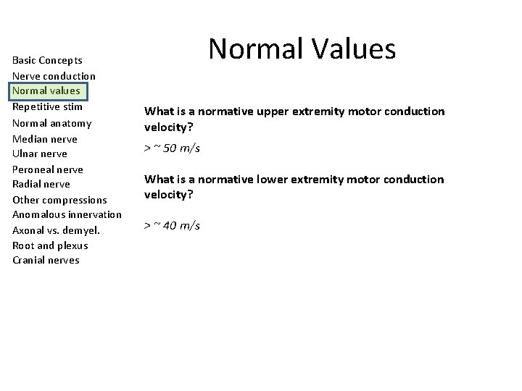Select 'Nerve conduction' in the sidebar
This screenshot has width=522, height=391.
click(54, 76)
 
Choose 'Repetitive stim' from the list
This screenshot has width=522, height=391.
click(47, 107)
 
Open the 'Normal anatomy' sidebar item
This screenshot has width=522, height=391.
click(51, 123)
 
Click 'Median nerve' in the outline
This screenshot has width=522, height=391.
click(44, 139)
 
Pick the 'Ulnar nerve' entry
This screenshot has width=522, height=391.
click(39, 154)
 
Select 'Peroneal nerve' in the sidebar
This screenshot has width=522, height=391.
click(47, 169)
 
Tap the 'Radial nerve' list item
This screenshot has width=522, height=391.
click(41, 184)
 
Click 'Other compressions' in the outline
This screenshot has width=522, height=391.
click(59, 200)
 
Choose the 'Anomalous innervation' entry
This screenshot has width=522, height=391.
click(67, 215)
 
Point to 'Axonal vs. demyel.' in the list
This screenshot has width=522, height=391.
click(56, 230)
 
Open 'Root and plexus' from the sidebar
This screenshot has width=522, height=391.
click(50, 245)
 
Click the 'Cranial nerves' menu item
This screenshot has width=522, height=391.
click(46, 261)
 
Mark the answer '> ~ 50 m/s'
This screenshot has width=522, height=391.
click(172, 148)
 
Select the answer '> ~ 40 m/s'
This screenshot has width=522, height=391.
click(172, 226)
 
